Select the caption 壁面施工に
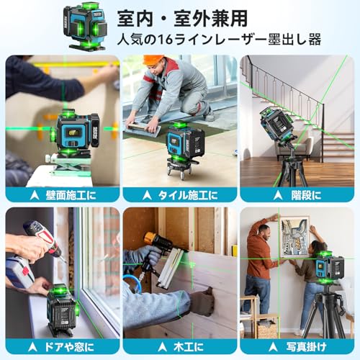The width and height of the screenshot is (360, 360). click(x=66, y=194)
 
